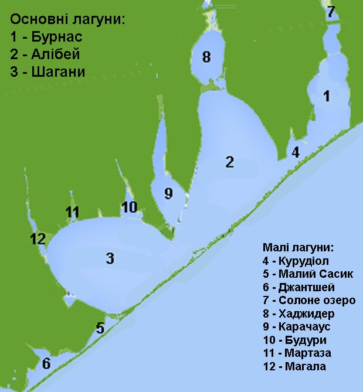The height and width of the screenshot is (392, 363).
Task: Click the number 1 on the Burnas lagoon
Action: click(x=327, y=96)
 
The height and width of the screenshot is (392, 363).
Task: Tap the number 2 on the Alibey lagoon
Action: click(x=230, y=162)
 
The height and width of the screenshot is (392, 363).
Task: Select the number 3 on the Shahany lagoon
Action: click(x=110, y=258)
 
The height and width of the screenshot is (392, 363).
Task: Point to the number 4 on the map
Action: click(x=296, y=152)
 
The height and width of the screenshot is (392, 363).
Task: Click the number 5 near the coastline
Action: click(x=100, y=328)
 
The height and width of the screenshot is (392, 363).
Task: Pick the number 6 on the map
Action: click(x=46, y=363)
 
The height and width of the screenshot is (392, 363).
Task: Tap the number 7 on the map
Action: click(x=331, y=11)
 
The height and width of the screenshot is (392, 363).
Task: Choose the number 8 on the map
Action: click(x=206, y=57)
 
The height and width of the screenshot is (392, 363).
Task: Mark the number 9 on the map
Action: click(x=168, y=193)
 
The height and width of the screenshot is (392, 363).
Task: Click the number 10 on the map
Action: click(x=129, y=207)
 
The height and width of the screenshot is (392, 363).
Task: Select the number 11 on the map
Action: click(x=72, y=212)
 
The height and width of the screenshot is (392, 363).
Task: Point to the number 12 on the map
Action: click(x=37, y=238)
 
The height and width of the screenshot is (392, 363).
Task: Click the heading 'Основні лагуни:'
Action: click(x=68, y=20)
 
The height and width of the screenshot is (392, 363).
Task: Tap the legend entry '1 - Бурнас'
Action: click(x=46, y=38)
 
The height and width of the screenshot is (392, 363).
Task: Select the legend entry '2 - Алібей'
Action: click(x=45, y=54)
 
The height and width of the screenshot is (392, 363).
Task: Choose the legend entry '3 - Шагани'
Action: click(x=48, y=72)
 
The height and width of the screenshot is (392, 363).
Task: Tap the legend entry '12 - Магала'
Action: click(x=295, y=367)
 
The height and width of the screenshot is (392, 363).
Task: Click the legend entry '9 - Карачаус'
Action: click(x=297, y=327)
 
